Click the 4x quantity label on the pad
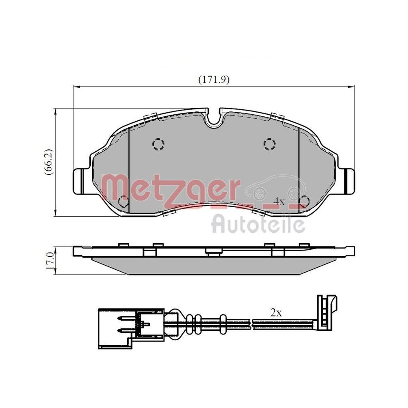(279, 201)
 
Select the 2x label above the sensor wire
(276, 313)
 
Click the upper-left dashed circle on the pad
(158, 143)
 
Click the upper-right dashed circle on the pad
(269, 143)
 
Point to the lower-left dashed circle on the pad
(122, 201)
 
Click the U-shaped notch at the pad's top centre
(213, 118)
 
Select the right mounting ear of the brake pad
(347, 181)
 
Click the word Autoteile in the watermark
(258, 224)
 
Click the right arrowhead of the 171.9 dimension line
(351, 86)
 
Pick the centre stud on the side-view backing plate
(213, 253)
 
